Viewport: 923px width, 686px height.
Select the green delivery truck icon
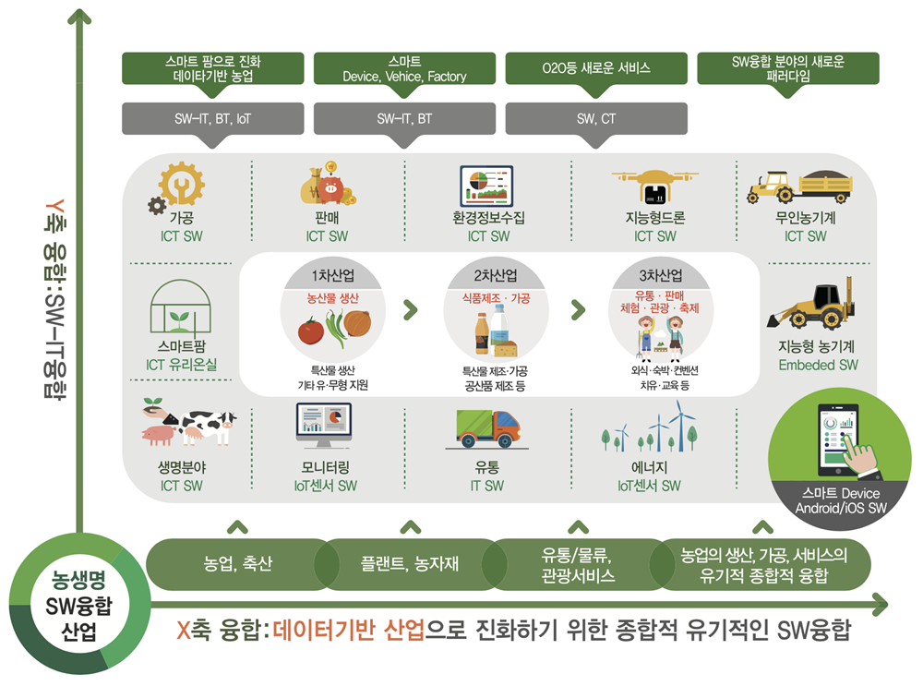pyautogui.click(x=488, y=428)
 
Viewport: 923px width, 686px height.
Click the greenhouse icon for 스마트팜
pyautogui.click(x=180, y=307)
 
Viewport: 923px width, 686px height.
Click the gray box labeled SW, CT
pyautogui.click(x=596, y=119)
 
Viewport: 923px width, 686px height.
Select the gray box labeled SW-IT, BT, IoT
pyautogui.click(x=212, y=119)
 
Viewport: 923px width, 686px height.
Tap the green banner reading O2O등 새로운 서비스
pyautogui.click(x=596, y=68)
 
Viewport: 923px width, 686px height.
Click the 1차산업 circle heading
pyautogui.click(x=333, y=275)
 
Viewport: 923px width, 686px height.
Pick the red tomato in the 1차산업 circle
pyautogui.click(x=310, y=331)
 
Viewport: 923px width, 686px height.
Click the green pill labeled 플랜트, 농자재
pyautogui.click(x=409, y=564)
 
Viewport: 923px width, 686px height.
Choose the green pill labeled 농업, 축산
pyautogui.click(x=237, y=564)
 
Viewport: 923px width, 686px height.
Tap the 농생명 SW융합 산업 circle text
pyautogui.click(x=78, y=606)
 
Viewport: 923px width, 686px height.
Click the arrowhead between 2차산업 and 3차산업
pyautogui.click(x=578, y=309)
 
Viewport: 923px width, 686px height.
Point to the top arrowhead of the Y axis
pyautogui.click(x=79, y=16)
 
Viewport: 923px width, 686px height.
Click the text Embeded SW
pyautogui.click(x=818, y=365)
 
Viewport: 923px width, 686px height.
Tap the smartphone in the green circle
pyautogui.click(x=839, y=439)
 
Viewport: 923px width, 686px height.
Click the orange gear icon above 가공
pyautogui.click(x=181, y=185)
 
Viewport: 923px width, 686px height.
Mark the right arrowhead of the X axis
pyautogui.click(x=880, y=604)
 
